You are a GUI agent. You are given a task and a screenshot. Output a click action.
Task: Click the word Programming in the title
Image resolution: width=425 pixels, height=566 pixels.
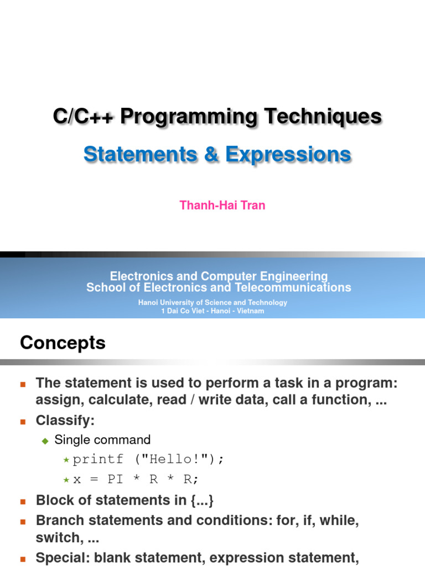click(x=189, y=117)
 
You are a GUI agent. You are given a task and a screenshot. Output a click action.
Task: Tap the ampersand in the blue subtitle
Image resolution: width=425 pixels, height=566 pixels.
click(x=211, y=154)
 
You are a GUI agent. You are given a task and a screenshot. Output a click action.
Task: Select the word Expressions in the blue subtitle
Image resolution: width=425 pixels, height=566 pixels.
click(x=288, y=154)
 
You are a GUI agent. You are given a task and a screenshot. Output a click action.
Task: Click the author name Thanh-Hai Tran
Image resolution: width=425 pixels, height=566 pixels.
click(x=222, y=206)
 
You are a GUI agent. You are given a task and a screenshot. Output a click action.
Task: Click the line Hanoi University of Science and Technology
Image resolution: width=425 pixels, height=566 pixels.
click(x=212, y=302)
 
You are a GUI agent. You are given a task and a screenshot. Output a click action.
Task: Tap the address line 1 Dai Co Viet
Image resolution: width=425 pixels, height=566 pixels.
click(x=212, y=311)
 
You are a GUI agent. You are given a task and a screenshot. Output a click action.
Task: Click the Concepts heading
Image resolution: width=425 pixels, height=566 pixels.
click(x=63, y=343)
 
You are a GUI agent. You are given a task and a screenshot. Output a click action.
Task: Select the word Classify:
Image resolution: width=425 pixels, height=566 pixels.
click(x=65, y=421)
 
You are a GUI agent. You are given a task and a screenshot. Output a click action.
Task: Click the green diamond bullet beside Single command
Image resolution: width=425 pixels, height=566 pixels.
click(x=46, y=441)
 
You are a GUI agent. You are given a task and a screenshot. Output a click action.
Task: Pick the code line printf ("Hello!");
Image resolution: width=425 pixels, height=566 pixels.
click(x=149, y=460)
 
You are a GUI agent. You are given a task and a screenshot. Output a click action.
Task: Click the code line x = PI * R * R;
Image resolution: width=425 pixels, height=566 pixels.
click(x=135, y=480)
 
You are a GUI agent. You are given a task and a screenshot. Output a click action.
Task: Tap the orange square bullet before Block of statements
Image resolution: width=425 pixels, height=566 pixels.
click(x=23, y=501)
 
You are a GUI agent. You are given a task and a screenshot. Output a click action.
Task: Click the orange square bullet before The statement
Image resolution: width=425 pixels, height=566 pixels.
click(x=23, y=384)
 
